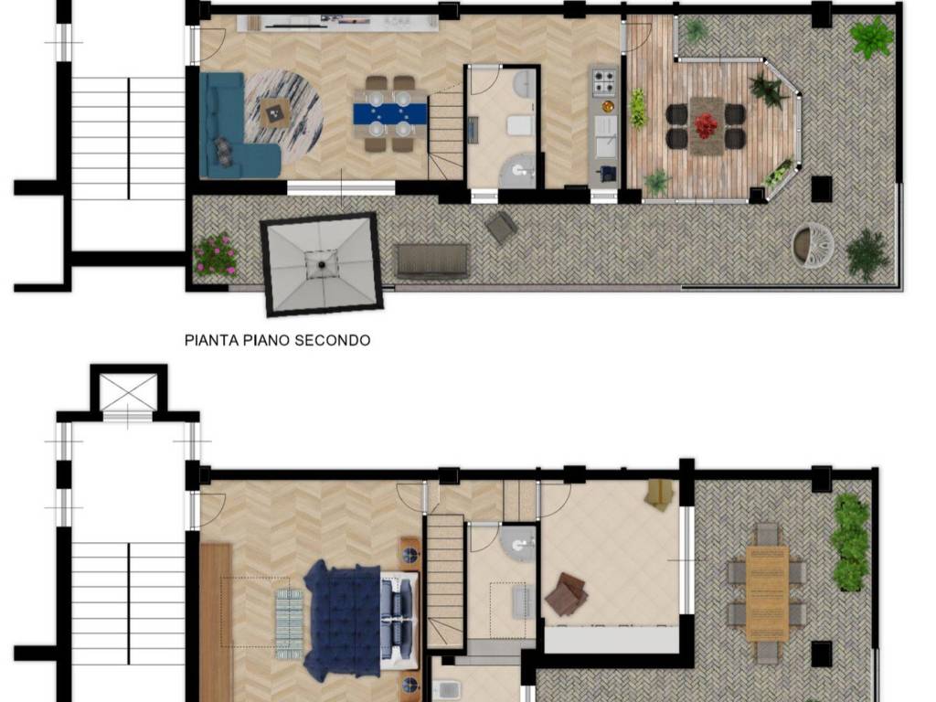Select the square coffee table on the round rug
[275, 112]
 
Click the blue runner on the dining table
[390, 114]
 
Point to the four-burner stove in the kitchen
[603, 81]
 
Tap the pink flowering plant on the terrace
[216, 255]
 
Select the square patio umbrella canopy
[323, 264]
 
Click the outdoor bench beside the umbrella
[431, 261]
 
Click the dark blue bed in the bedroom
[343, 621]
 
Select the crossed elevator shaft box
[128, 392]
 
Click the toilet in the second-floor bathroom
[520, 126]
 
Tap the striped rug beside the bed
[290, 623]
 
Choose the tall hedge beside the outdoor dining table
[849, 542]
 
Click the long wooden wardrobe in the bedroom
[216, 622]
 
